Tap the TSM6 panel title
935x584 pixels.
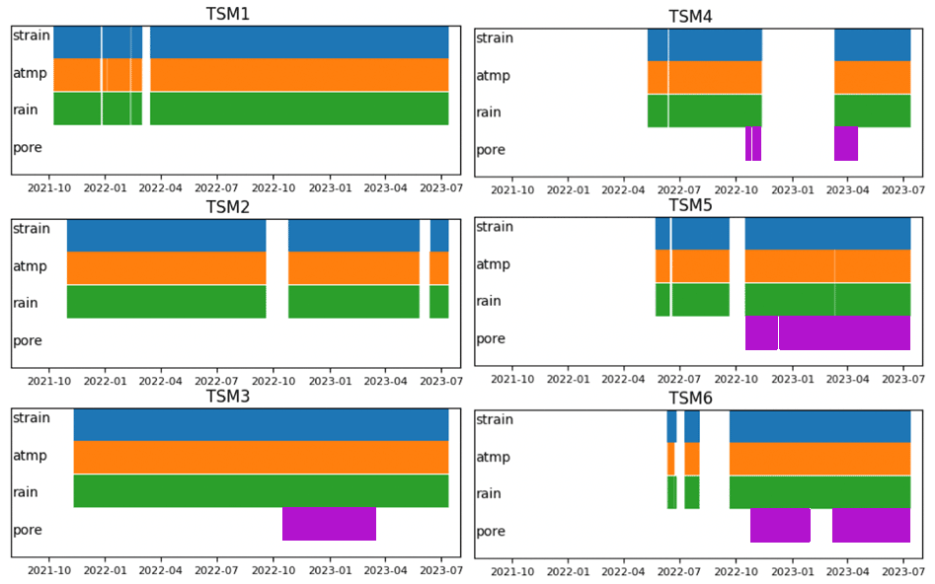coord(691,398)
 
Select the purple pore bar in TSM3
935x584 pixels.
coord(329,524)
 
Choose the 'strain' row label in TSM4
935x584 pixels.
coord(495,37)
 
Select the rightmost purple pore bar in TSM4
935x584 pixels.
coord(846,144)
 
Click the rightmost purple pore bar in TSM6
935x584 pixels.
coord(871,526)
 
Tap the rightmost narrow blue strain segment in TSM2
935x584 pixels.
coord(439,236)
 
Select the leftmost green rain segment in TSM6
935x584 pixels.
coord(672,492)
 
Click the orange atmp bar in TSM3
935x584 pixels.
coord(261,458)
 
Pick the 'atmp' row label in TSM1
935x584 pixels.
coord(30,72)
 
